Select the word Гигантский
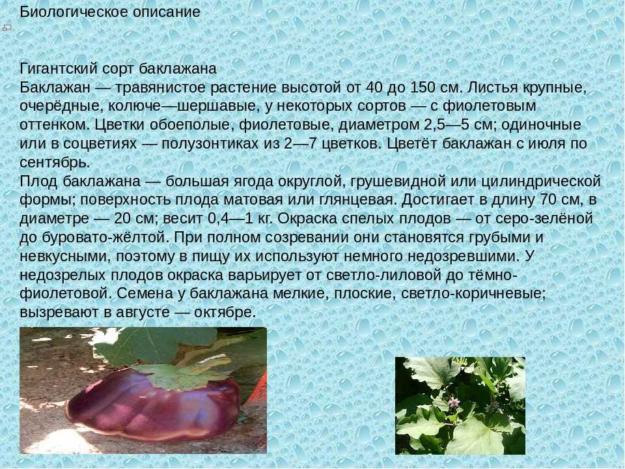pyautogui.click(x=58, y=68)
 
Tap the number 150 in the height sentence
pyautogui.click(x=423, y=87)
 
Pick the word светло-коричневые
pyautogui.click(x=473, y=294)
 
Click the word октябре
pyautogui.click(x=225, y=313)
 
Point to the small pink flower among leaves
pyautogui.click(x=454, y=403)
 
